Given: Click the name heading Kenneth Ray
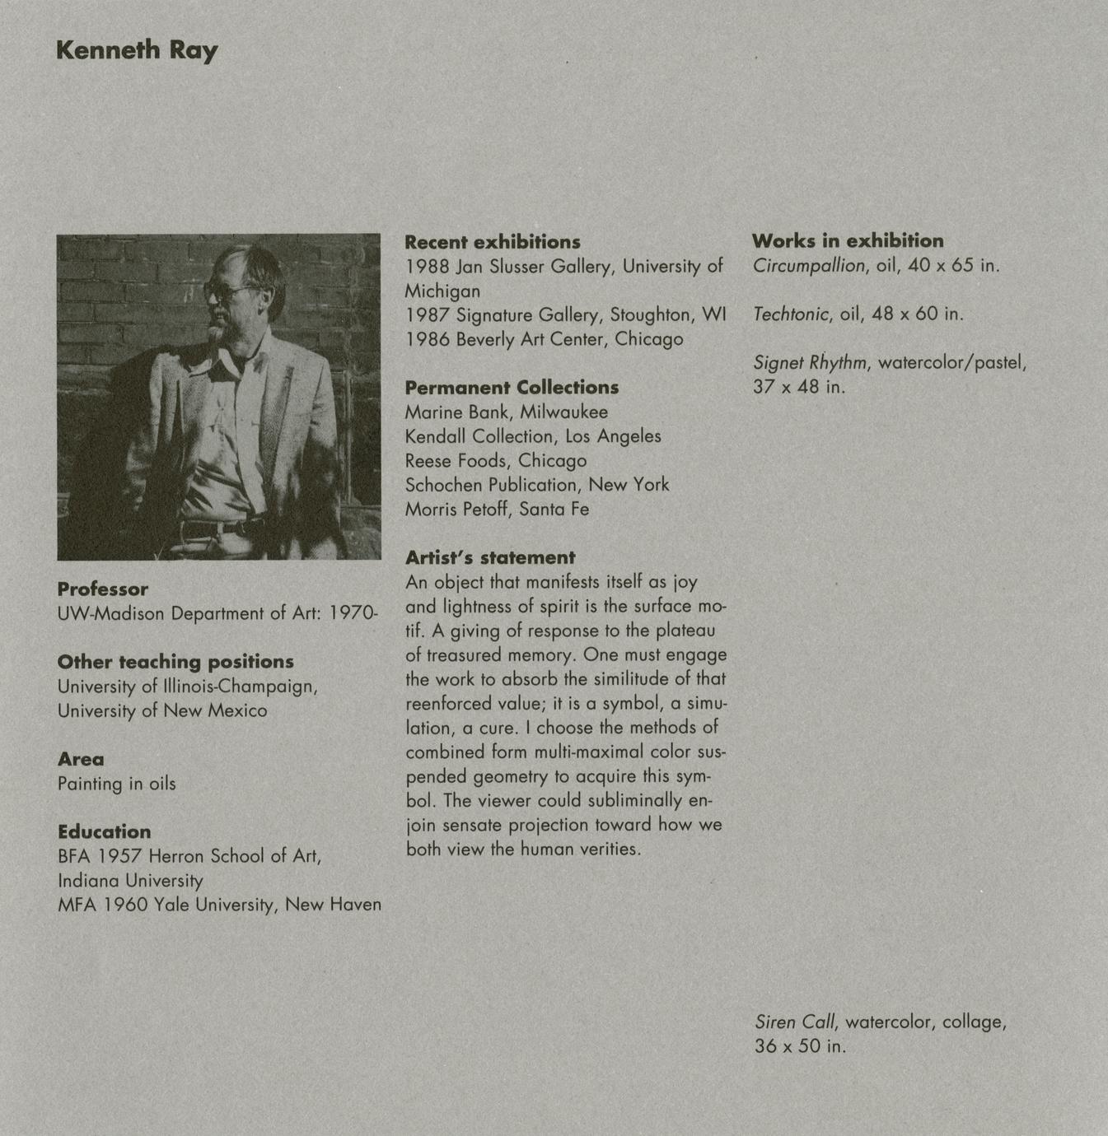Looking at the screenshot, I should pos(137,50).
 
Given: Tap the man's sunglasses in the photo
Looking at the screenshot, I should pos(224,291).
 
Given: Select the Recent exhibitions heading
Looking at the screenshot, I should pos(493,242).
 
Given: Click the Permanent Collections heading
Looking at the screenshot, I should pos(512,388).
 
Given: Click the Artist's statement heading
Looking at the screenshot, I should pos(490,557).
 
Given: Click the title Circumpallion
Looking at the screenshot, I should pos(809,266).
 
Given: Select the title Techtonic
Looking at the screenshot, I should pos(793,314).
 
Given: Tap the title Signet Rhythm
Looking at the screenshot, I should pos(810,362).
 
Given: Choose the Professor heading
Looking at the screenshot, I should pos(103,589).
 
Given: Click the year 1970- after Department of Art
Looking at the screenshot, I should pos(353,613).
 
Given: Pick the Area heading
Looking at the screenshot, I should pos(81,759).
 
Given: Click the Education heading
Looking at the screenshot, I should pos(105,831).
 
